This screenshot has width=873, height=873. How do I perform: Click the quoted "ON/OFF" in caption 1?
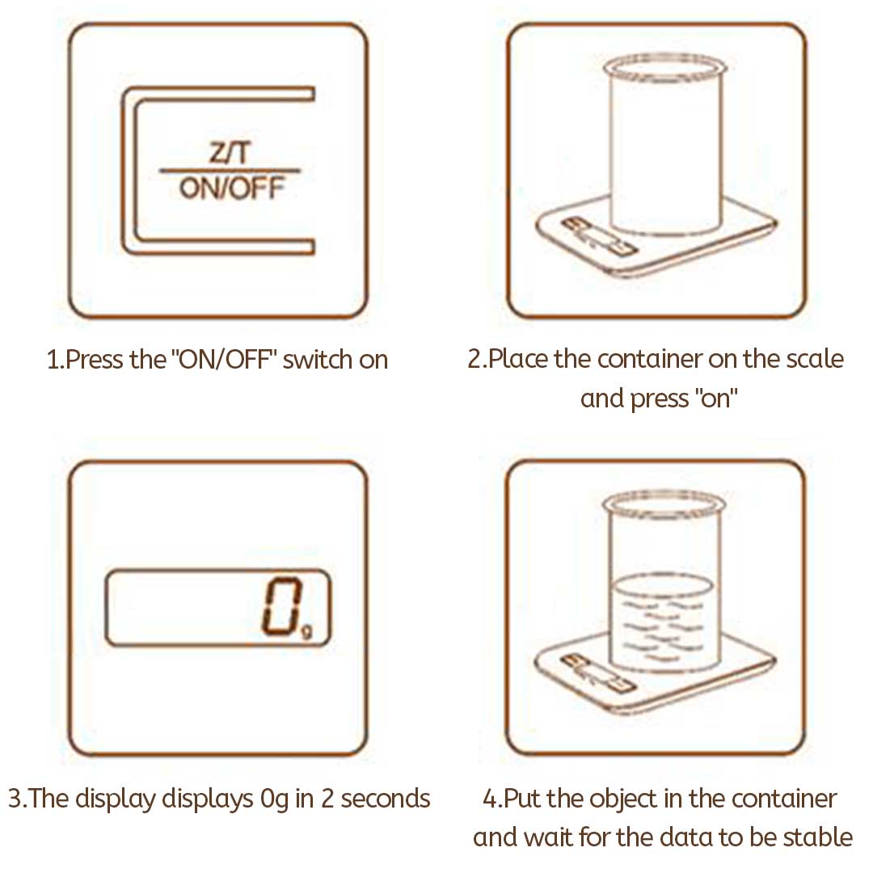point(225,359)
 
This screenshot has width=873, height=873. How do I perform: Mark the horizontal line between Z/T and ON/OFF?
point(230,171)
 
